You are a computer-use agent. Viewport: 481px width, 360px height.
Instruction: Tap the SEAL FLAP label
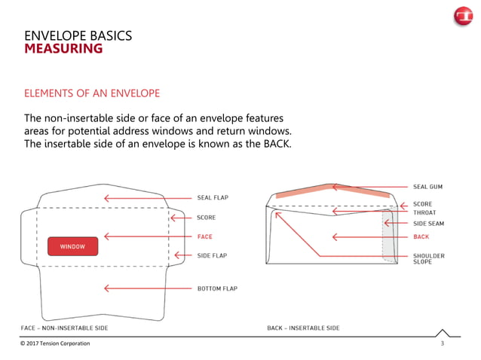(212, 198)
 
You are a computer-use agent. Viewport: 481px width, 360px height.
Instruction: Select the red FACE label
(204, 236)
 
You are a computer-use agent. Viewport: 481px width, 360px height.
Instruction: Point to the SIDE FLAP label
(212, 255)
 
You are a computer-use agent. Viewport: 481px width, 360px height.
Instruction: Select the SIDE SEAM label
(429, 224)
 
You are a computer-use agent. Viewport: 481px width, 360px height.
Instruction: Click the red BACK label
(421, 236)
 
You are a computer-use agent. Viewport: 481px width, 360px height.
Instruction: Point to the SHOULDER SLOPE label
(428, 259)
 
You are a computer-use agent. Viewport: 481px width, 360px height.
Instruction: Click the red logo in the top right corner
(461, 18)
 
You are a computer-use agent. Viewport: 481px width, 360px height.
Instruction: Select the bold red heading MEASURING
(63, 50)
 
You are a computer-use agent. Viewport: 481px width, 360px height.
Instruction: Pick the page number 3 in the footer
(442, 343)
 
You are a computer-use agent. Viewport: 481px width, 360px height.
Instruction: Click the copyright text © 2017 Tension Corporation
(55, 343)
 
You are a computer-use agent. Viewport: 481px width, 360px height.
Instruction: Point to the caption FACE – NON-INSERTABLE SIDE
(64, 328)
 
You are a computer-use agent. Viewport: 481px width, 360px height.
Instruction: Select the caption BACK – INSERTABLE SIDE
(303, 328)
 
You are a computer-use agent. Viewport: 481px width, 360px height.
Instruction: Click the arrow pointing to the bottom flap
(146, 288)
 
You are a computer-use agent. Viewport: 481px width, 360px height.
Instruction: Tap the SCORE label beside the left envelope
(206, 218)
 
